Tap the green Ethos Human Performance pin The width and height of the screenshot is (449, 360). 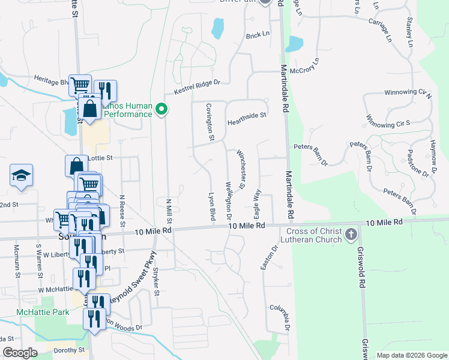pyautogui.click(x=160, y=109)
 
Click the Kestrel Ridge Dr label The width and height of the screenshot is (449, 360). pyautogui.click(x=197, y=88)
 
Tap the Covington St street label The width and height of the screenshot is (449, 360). pyautogui.click(x=210, y=122)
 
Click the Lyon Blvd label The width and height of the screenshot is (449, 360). pyautogui.click(x=211, y=206)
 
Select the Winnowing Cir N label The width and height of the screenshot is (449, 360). pyautogui.click(x=406, y=93)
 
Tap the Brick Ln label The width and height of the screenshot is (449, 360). pyautogui.click(x=258, y=35)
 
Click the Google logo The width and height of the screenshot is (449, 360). pyautogui.click(x=20, y=353)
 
